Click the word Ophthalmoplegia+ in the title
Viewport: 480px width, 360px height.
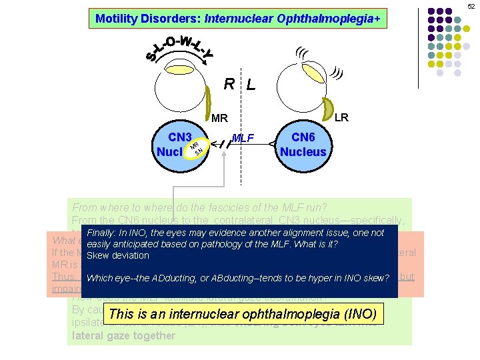pyautogui.click(x=337, y=19)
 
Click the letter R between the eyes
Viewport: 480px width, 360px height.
pyautogui.click(x=229, y=84)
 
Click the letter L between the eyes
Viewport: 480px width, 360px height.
pyautogui.click(x=250, y=85)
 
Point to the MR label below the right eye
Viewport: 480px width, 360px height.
pyautogui.click(x=220, y=119)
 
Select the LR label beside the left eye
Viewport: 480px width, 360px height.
pyautogui.click(x=341, y=118)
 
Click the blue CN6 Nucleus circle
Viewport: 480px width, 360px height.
pyautogui.click(x=303, y=145)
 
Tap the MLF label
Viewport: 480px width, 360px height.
pyautogui.click(x=243, y=139)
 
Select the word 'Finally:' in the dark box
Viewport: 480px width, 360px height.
pyautogui.click(x=103, y=233)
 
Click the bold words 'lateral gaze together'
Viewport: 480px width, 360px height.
pyautogui.click(x=123, y=336)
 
